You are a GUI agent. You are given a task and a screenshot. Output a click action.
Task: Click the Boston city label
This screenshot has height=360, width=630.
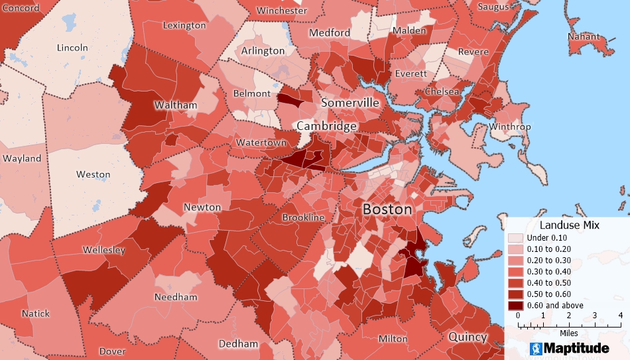pos(387,209)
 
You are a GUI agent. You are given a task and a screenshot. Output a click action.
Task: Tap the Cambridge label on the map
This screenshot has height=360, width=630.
pos(327,126)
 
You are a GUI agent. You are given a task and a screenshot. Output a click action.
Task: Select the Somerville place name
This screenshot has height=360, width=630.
pos(350,103)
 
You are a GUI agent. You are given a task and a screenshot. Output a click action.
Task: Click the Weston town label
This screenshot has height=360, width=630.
pos(93,174)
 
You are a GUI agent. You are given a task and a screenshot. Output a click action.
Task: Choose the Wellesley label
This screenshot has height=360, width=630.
pos(104,250)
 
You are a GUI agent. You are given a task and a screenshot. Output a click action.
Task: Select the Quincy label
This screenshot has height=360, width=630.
pos(468,336)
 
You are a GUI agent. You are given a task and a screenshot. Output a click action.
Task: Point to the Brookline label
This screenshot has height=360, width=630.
pos(303,217)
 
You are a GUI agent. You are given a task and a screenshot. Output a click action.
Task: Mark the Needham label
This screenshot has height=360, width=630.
pos(176,297)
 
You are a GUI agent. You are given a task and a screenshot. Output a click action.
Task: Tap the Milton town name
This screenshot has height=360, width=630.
pos(393,339)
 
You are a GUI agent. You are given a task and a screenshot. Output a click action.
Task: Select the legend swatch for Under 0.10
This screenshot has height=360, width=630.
pos(515,238)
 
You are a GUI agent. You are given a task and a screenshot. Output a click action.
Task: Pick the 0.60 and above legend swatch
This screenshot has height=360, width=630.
pos(515,305)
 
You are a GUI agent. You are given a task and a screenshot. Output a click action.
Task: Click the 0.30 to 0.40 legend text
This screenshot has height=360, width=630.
pos(548,272)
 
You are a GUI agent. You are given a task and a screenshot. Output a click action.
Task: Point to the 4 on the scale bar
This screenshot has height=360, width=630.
pos(620,316)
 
